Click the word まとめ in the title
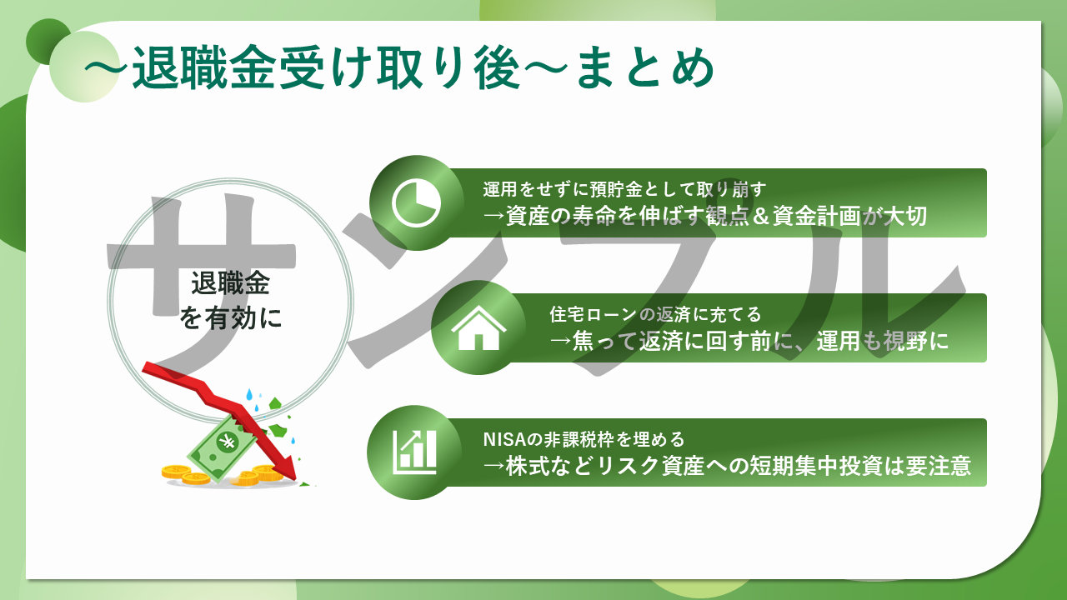coord(645,69)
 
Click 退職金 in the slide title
coord(203,68)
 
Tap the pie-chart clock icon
coord(416,203)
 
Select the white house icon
coord(478,328)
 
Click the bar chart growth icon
coord(414,452)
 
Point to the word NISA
coord(504,439)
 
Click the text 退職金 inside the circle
coord(231,283)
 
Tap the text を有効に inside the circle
coord(231,317)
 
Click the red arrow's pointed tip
coord(295,478)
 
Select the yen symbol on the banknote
coord(227,442)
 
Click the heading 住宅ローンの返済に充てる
coord(655,314)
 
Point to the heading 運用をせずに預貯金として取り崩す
coord(624,189)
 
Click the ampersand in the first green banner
coord(761,216)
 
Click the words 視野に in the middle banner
coord(915,341)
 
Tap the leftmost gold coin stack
coord(176,472)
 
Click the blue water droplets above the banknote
coord(253,399)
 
